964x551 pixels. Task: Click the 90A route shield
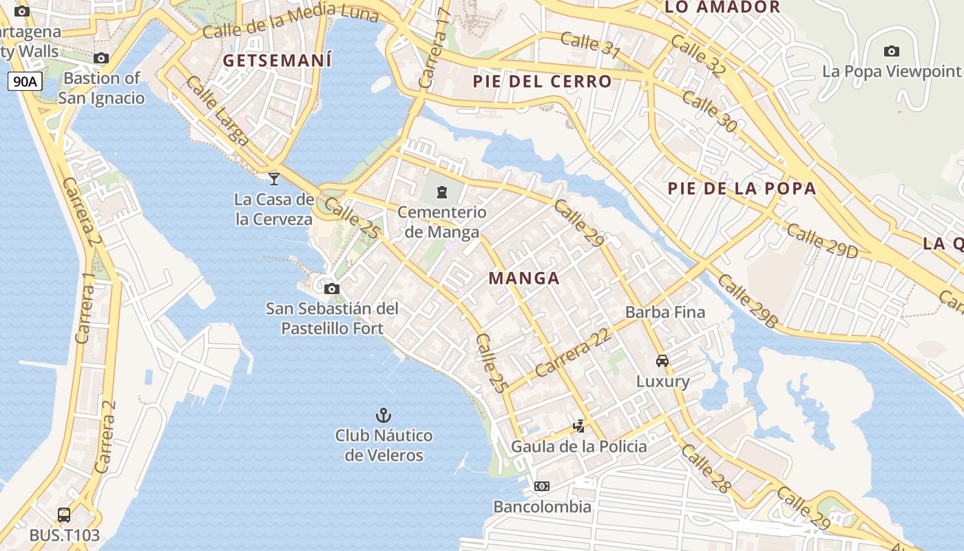pos(25,82)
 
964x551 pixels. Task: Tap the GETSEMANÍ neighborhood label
pos(277,60)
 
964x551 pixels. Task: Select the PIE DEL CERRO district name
pos(542,81)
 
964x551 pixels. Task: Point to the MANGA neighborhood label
pos(524,278)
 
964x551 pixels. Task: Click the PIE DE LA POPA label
pos(742,188)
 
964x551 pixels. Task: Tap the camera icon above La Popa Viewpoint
pos(891,51)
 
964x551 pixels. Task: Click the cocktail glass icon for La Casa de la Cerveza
pos(274,178)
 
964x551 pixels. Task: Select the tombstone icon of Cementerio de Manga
pos(442,191)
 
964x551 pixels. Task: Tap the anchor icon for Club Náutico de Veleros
pos(384,415)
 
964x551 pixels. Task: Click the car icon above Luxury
pos(662,360)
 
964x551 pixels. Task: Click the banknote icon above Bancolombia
pos(542,486)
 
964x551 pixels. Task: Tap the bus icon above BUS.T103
pos(64,514)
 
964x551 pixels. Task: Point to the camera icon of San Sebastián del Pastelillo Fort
pos(332,289)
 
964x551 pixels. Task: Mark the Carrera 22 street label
pos(572,352)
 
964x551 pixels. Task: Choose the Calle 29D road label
pos(822,241)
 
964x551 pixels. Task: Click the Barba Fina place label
pos(665,312)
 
